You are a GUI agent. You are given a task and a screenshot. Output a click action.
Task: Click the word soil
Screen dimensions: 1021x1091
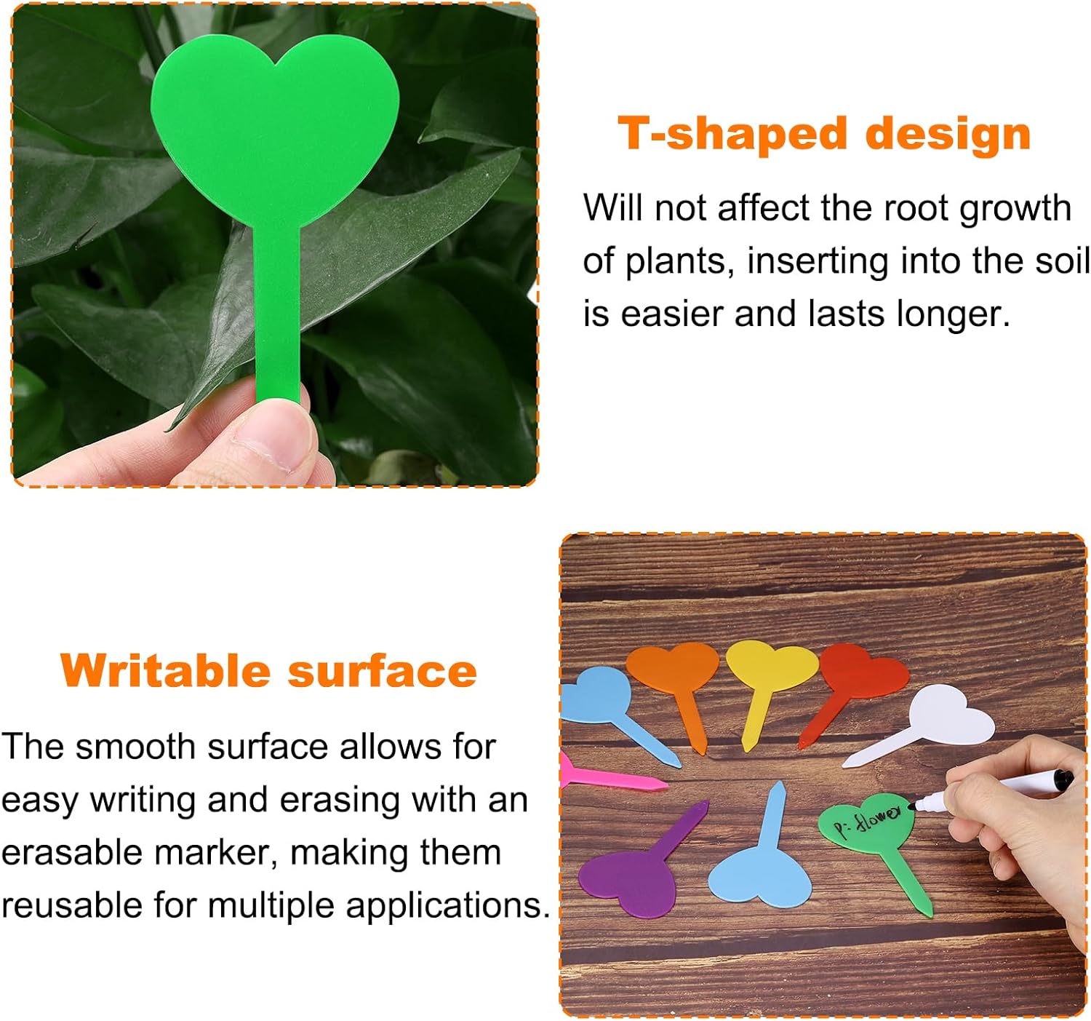point(1067,261)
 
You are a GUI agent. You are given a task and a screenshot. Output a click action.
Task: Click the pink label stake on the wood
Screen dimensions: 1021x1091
point(611,779)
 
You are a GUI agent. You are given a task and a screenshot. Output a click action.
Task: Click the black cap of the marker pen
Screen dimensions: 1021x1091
point(1063,779)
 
